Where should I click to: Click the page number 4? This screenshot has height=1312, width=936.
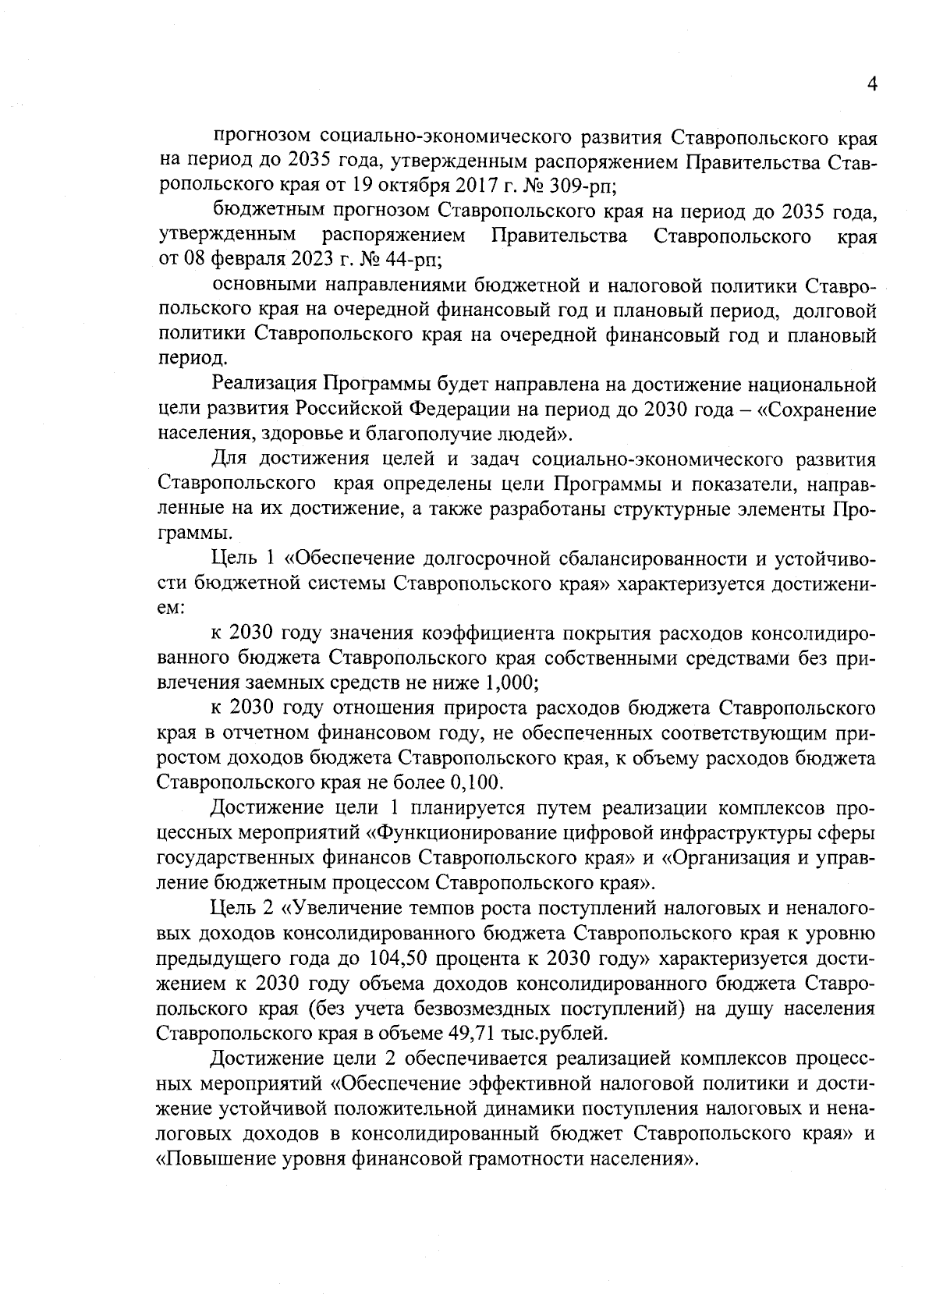coord(873,84)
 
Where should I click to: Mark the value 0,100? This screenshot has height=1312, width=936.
coord(477,781)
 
